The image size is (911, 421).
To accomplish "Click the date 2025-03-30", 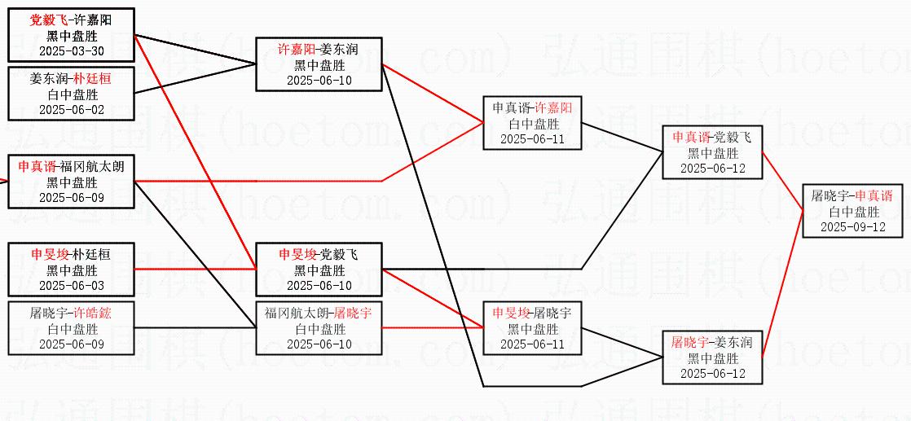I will tap(72, 50).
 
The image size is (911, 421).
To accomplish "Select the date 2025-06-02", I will tap(72, 109).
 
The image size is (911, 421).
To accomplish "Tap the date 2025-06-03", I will tap(72, 285).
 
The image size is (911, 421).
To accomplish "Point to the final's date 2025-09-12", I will tap(852, 227).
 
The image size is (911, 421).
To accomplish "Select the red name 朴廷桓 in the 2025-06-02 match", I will tap(92, 79).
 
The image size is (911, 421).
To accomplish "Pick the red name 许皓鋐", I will tap(92, 313).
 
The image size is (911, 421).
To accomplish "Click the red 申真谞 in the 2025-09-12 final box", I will tap(874, 196).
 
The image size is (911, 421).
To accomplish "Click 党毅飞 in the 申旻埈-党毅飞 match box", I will tap(338, 255).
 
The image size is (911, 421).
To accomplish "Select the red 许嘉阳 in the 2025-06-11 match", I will tap(553, 108).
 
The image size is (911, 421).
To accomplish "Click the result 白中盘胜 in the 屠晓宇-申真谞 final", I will tap(854, 212).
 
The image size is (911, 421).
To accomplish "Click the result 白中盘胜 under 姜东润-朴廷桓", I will tap(72, 94).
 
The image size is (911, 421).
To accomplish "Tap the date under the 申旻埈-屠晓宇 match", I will tap(532, 344).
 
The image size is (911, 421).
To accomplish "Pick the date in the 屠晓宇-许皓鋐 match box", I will tap(72, 344).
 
